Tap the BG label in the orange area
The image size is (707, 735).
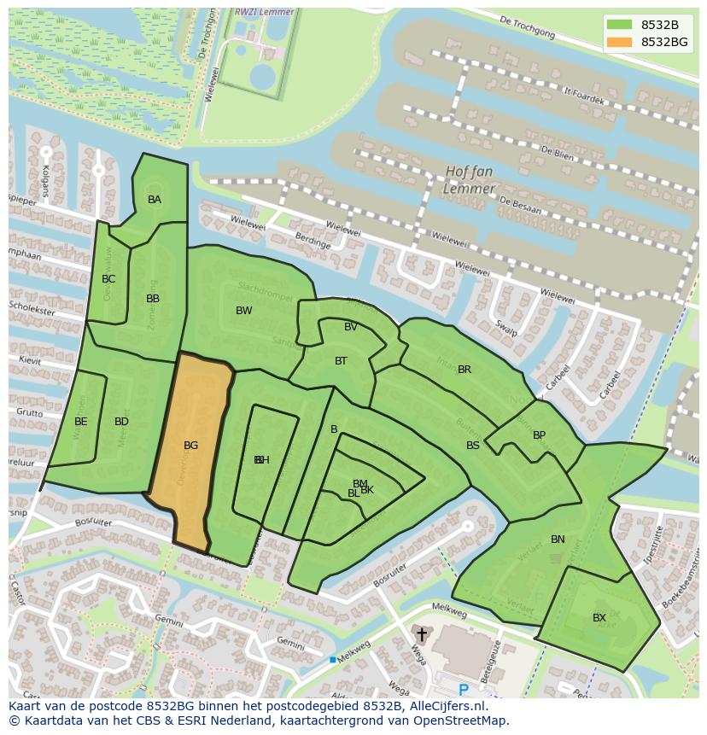[190, 446]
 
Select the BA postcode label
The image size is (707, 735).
[155, 200]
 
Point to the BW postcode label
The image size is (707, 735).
[244, 311]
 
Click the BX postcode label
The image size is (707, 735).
[599, 618]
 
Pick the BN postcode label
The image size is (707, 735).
[558, 540]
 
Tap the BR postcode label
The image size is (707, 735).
[465, 370]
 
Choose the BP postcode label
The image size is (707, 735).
[539, 435]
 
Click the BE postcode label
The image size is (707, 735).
[81, 422]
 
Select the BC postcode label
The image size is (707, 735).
[108, 279]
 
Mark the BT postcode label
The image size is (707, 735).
[341, 361]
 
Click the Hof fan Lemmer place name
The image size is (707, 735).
[470, 180]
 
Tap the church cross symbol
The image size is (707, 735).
[421, 635]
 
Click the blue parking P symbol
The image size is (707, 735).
[464, 689]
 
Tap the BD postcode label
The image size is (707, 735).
[121, 422]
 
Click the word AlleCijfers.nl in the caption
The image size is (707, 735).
[444, 707]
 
